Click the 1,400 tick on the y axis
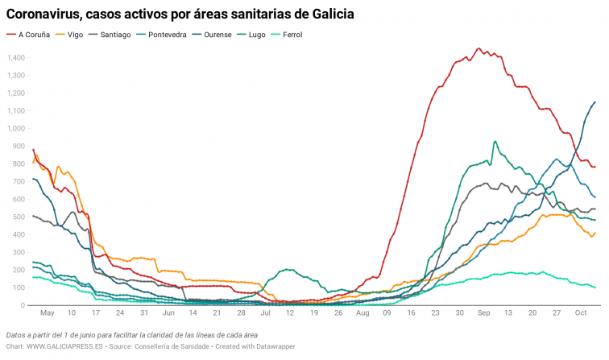(x=15, y=58)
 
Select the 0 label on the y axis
(x=23, y=305)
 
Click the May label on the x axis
(x=47, y=312)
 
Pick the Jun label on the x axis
(x=168, y=312)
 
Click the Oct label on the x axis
(x=579, y=312)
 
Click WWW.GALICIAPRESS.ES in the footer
(x=66, y=347)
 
